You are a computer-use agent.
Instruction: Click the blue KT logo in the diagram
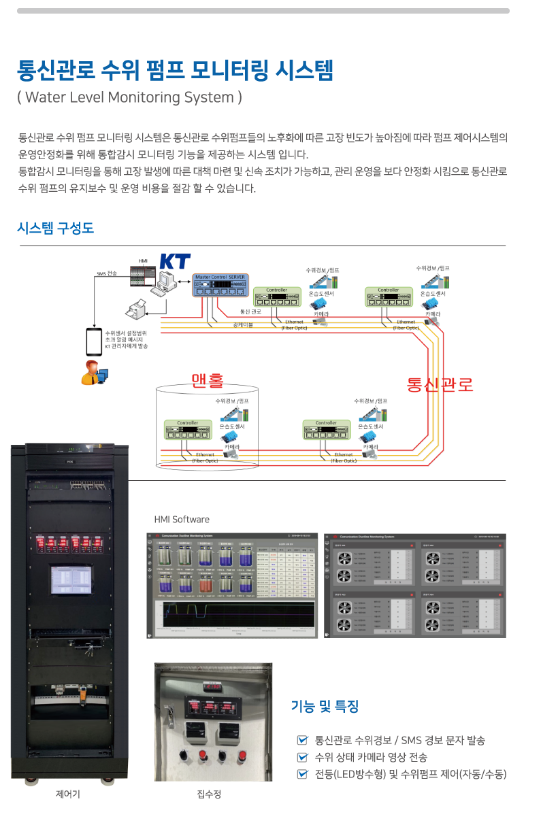tap(175, 262)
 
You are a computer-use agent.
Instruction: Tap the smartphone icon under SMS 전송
tap(94, 341)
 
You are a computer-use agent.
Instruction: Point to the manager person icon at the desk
tap(93, 373)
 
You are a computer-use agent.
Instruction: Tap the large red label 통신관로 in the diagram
tap(440, 384)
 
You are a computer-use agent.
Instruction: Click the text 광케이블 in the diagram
tap(243, 325)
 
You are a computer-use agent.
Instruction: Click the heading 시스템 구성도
tap(55, 229)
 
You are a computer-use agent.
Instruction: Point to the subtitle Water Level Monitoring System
tap(129, 97)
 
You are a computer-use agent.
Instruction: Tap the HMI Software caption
tap(182, 520)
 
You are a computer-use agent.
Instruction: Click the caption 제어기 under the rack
tap(67, 794)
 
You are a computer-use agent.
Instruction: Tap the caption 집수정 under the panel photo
tap(209, 794)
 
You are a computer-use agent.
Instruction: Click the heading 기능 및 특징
tap(325, 706)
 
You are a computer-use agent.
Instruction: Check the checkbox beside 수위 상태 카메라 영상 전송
tap(302, 757)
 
